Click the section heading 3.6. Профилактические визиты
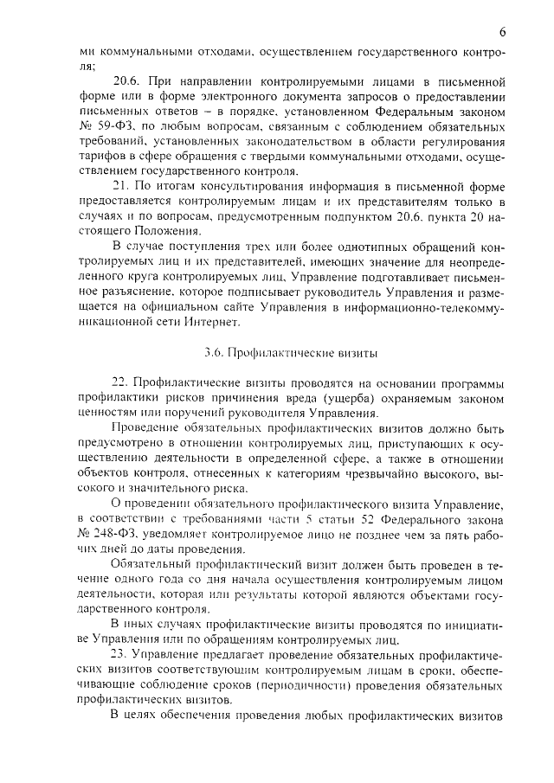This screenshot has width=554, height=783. pos(277,352)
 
